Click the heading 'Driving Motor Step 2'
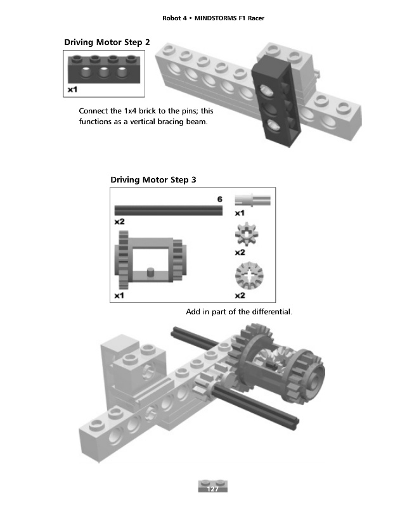[107, 42]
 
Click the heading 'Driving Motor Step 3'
[153, 180]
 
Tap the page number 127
[212, 489]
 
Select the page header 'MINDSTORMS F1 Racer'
[229, 18]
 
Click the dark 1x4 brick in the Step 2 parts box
[104, 69]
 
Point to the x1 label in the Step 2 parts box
[72, 89]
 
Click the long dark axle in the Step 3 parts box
[169, 210]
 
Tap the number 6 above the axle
[220, 199]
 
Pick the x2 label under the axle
[119, 221]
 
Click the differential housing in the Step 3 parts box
[150, 260]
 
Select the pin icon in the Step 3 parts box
[252, 200]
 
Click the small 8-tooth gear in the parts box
[247, 234]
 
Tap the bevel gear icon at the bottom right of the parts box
[249, 276]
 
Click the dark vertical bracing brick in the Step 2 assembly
[276, 101]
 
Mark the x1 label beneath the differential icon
[119, 295]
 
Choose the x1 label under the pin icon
[240, 213]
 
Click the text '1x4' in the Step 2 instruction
[131, 111]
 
